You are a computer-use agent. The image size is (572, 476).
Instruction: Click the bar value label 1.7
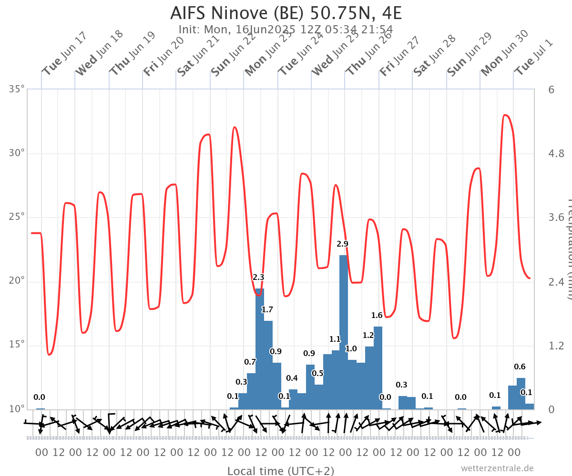267,310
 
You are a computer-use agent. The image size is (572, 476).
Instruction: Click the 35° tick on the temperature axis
16,89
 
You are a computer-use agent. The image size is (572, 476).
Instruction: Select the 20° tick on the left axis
16,281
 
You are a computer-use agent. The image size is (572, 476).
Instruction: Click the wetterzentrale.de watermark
497,468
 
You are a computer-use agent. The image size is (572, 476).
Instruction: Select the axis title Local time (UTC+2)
280,471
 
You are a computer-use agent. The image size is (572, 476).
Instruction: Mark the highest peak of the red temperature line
505,115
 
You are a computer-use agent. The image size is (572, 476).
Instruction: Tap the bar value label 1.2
368,336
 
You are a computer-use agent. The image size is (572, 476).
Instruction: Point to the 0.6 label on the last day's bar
520,367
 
